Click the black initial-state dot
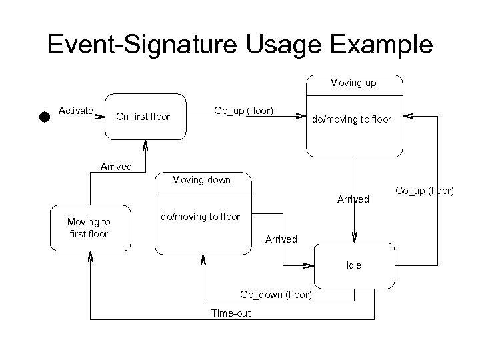(x=44, y=117)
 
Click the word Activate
(x=76, y=110)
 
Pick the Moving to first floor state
(x=89, y=227)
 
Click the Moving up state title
(x=353, y=83)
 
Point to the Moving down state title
(x=201, y=180)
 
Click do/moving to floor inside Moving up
(x=353, y=119)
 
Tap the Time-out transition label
(x=231, y=313)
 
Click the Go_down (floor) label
(x=275, y=295)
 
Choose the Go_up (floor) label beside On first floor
(x=243, y=110)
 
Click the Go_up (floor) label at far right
(x=424, y=191)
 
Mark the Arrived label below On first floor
(x=115, y=167)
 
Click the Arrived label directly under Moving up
(x=353, y=199)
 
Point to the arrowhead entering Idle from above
(x=355, y=237)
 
